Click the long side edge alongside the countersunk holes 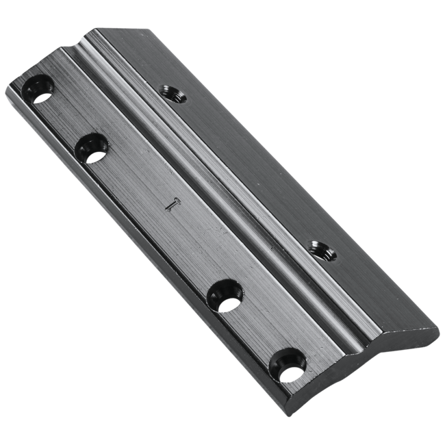tap(137, 240)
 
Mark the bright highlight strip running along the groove tap(205, 171)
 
